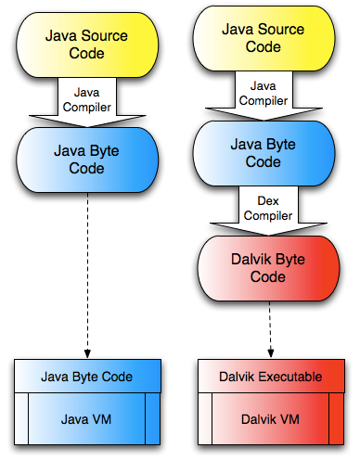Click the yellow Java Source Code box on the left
(x=87, y=44)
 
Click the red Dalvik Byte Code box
(x=269, y=266)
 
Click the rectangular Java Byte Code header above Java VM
(x=87, y=377)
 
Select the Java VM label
(x=87, y=419)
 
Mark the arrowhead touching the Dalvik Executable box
(x=269, y=354)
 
